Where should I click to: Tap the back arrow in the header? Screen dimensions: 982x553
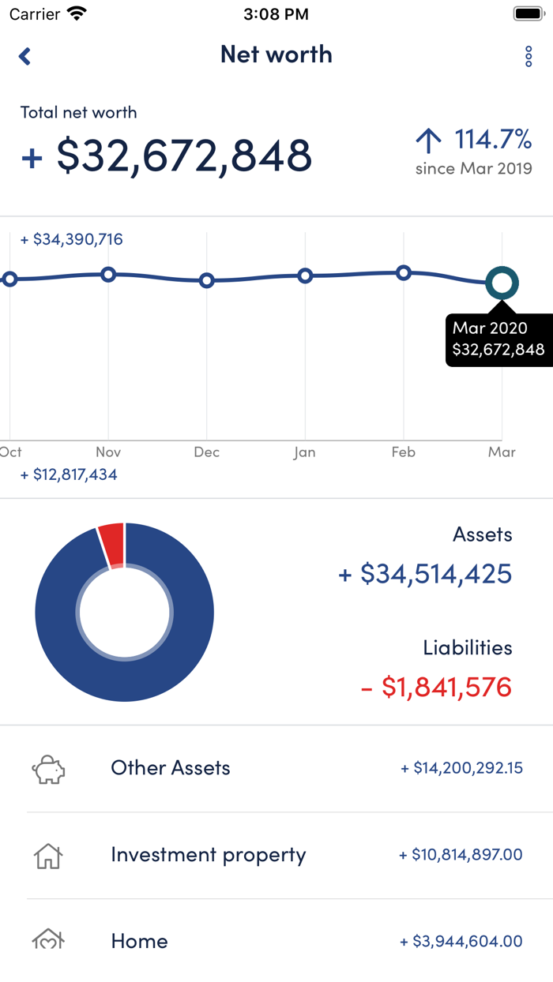25,56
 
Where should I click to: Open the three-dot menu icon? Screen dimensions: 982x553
529,56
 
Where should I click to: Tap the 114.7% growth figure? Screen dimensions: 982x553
492,140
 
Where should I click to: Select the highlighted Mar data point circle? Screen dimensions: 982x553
502,283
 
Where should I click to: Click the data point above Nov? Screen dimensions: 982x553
108,275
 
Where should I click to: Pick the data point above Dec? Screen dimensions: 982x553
206,280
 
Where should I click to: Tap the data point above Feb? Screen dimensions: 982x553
404,273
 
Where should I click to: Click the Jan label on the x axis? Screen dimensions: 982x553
304,452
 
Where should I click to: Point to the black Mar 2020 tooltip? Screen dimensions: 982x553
497,339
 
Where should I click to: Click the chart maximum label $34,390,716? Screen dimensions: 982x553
72,239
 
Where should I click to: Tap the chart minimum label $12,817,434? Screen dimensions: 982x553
69,475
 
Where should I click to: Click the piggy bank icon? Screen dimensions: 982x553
48,769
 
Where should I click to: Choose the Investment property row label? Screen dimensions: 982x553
209,855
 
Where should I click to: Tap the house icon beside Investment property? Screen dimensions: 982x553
48,856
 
